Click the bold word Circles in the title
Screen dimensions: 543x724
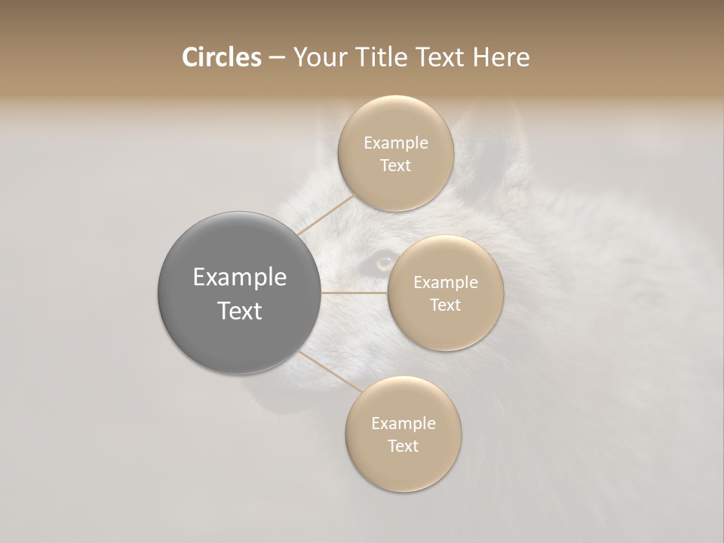point(221,57)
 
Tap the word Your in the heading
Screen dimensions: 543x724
point(316,57)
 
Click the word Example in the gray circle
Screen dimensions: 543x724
point(239,278)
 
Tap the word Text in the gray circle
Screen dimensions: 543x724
point(239,311)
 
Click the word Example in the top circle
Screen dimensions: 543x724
point(395,143)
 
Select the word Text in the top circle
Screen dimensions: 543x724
point(395,165)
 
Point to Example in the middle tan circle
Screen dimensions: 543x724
point(445,282)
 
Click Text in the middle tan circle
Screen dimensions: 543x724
point(445,305)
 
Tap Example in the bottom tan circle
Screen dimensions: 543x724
point(403,423)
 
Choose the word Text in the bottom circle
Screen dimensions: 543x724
point(403,446)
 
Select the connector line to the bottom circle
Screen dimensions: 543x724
point(330,372)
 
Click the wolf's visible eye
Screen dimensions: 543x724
point(384,262)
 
